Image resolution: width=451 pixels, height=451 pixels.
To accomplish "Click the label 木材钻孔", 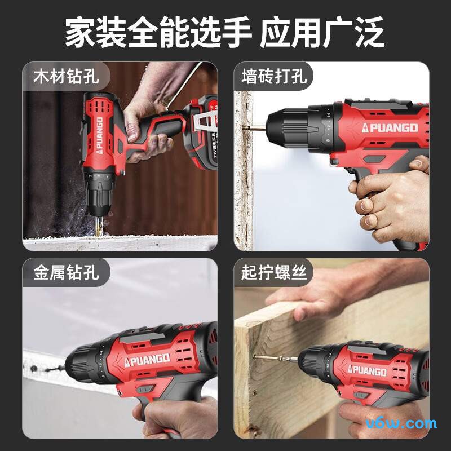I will (66, 76).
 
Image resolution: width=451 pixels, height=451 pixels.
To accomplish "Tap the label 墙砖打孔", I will (274, 76).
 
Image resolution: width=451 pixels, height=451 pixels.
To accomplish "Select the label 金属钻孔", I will (66, 273).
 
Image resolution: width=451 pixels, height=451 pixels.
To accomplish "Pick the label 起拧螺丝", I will (274, 273).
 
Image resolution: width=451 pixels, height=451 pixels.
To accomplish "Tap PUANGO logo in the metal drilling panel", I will (146, 359).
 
